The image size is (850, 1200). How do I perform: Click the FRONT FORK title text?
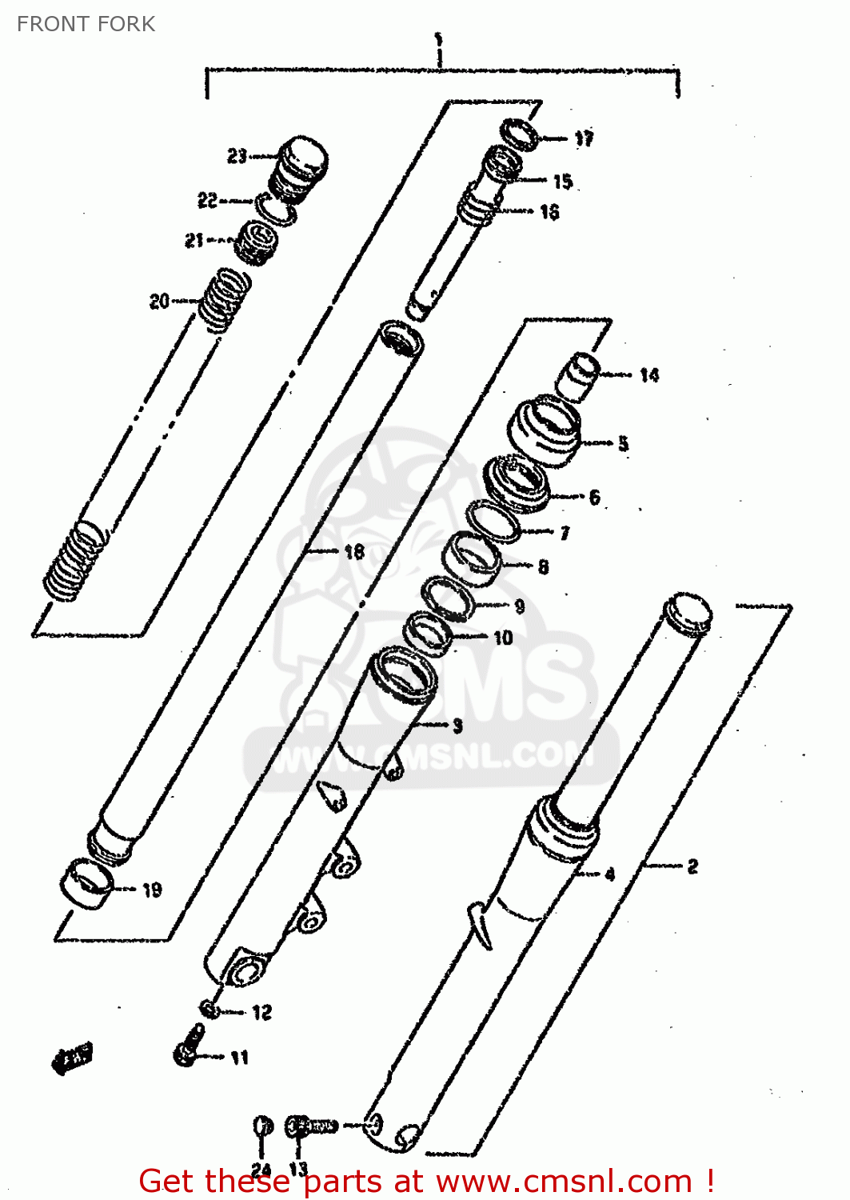click(86, 24)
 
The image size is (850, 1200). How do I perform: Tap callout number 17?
click(585, 138)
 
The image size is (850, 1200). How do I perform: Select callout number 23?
click(237, 156)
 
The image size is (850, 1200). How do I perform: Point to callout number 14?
click(649, 374)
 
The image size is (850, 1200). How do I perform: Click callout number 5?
click(624, 443)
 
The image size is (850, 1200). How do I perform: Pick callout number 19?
click(152, 890)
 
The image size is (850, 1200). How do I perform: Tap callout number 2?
click(692, 866)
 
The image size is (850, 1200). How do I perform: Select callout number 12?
click(262, 1013)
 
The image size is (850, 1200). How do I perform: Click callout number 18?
click(354, 551)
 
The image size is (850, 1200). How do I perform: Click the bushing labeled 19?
click(86, 882)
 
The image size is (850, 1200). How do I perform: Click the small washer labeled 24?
click(263, 1126)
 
